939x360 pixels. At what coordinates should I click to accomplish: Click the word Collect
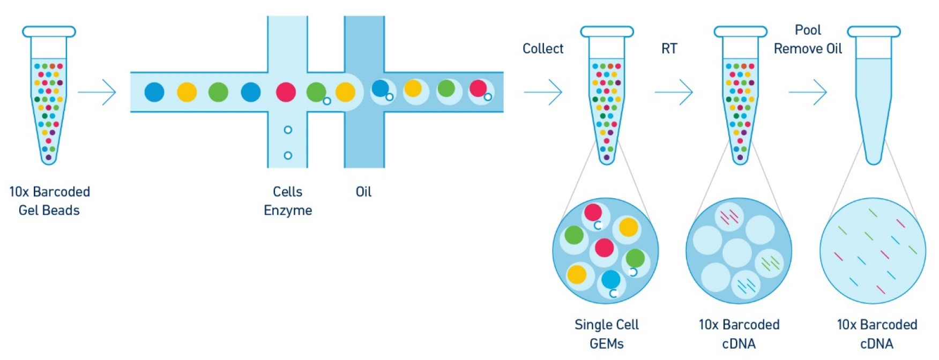coord(542,49)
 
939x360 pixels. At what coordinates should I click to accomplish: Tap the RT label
coord(669,49)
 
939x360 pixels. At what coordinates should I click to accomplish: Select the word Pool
coord(808,30)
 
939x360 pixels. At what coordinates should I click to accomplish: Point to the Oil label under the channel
coord(363,192)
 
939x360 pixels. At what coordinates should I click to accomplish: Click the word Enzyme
coord(288,211)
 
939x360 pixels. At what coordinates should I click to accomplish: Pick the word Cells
coord(287,192)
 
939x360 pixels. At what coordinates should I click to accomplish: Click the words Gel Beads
coord(49,211)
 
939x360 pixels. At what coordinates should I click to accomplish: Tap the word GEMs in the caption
coord(606,343)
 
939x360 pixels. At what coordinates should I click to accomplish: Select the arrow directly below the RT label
coord(674,92)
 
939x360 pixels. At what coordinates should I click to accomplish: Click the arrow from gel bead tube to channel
coord(97,92)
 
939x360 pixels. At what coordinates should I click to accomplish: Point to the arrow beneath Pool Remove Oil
coord(808,92)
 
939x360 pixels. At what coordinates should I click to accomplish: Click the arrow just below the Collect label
coord(543,92)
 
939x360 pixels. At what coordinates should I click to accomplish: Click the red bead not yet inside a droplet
coord(286,92)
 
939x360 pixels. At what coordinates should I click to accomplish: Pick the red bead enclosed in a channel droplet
coord(478,88)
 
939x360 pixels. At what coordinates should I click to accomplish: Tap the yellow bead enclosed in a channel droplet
coord(413,88)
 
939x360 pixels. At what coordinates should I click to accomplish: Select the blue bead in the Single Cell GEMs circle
coord(610,279)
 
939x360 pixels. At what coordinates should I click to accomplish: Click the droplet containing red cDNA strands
coord(729,217)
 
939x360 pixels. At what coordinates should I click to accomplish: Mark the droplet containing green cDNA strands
coord(770,262)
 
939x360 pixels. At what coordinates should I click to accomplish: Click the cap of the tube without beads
coord(874,32)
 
